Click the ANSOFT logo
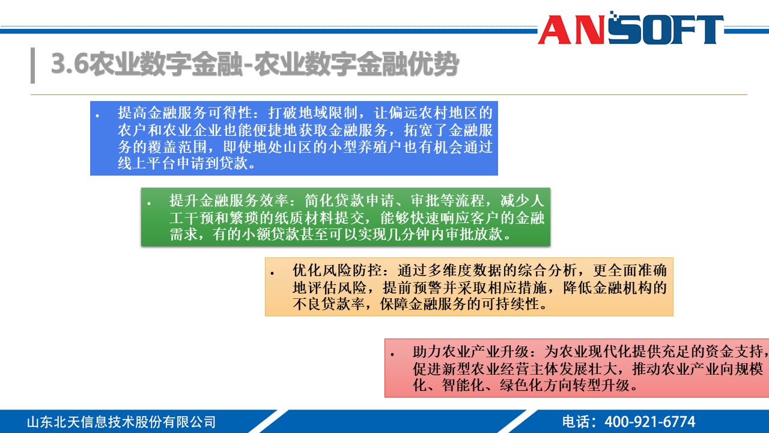(630, 28)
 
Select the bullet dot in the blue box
(97, 113)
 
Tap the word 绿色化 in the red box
(520, 385)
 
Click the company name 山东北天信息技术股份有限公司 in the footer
(121, 422)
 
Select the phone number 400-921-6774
(649, 422)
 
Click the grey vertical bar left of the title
(32, 64)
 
